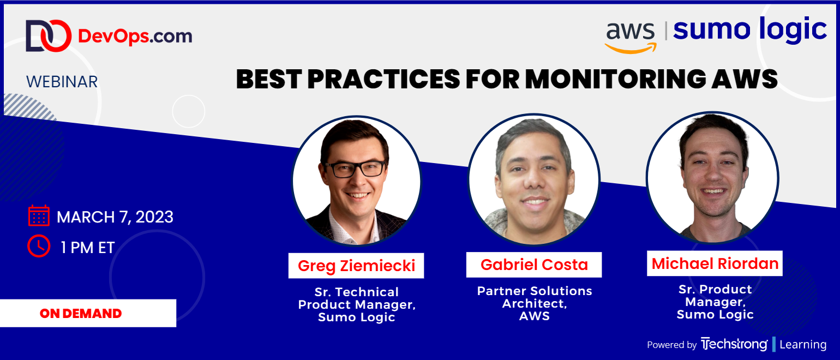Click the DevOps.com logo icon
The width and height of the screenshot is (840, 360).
[x=49, y=35]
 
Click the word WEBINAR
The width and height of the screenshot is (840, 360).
[x=62, y=82]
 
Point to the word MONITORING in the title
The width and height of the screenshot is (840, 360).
[x=615, y=79]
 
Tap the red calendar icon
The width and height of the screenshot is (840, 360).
[x=39, y=215]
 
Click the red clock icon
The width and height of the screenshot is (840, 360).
[x=39, y=246]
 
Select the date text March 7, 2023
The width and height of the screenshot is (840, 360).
[x=115, y=217]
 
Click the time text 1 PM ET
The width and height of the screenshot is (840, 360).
[x=88, y=248]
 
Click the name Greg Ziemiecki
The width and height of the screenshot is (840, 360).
[x=356, y=266]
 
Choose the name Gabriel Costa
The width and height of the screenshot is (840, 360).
[x=534, y=265]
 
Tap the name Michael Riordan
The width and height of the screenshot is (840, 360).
[x=715, y=263]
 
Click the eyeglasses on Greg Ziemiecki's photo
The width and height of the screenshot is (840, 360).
[x=355, y=169]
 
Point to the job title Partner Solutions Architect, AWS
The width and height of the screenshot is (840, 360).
[x=535, y=303]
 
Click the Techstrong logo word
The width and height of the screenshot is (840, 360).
[x=734, y=344]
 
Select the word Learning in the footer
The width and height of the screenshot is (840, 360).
[x=803, y=344]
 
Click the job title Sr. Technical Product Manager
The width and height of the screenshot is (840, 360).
[x=357, y=298]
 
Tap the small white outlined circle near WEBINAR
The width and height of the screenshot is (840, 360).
[x=189, y=111]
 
